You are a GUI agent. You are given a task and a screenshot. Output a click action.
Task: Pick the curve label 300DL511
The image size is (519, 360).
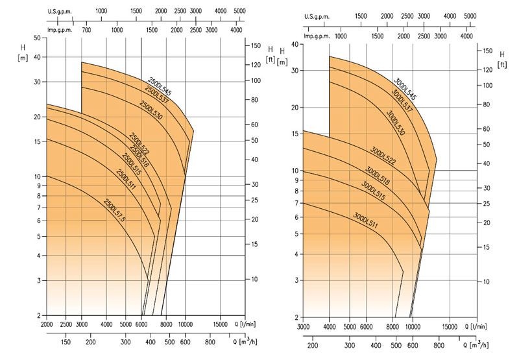(366, 220)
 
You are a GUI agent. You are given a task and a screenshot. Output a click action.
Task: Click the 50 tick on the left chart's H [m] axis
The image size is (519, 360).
(36, 38)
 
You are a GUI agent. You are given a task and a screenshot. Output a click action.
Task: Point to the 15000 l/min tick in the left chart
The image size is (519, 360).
(224, 324)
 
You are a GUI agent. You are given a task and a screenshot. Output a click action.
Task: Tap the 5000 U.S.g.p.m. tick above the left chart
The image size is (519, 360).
(239, 11)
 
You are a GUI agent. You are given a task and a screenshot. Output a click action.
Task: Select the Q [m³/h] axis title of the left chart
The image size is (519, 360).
(242, 341)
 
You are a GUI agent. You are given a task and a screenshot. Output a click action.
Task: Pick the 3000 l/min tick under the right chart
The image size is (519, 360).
(304, 328)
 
